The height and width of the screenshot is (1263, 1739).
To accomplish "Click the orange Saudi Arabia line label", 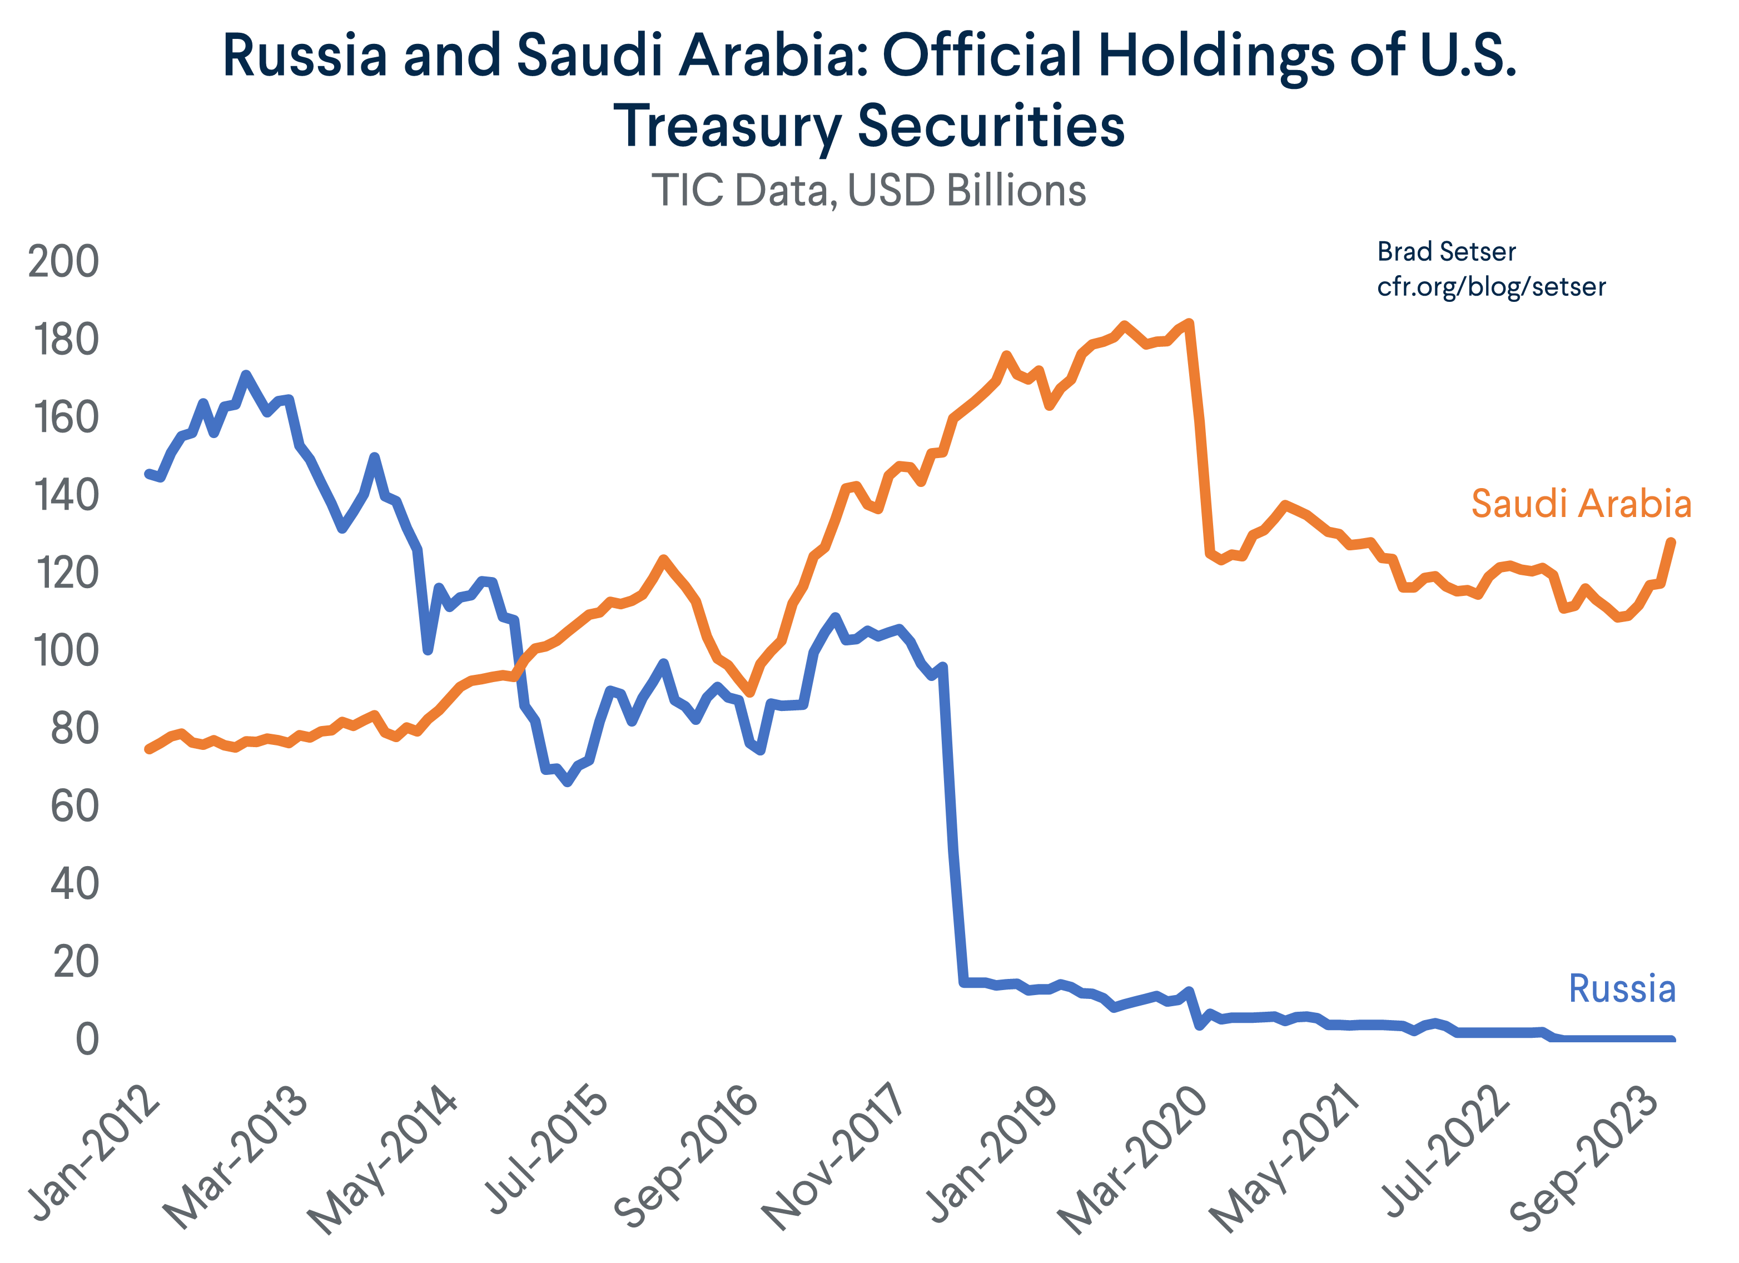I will coord(1581,505).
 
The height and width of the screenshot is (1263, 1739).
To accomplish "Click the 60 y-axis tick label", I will coord(74,807).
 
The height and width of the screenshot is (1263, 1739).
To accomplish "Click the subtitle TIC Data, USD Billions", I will coord(869,190).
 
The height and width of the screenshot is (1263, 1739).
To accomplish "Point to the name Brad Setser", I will coord(1446,251).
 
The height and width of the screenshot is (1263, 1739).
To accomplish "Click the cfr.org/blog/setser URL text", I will coord(1490,287).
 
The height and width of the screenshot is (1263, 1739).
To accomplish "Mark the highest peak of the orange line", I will coord(1189,323).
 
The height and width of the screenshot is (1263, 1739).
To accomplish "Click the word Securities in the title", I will coord(991,127).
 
